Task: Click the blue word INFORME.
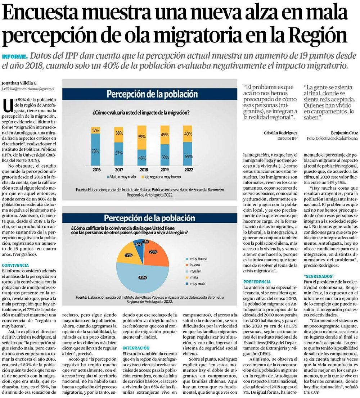pos(14,57)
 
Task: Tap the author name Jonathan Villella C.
pos(20,82)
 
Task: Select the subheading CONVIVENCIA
pos(15,265)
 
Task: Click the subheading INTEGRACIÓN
pos(136,348)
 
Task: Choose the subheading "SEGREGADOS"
pos(319,276)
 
